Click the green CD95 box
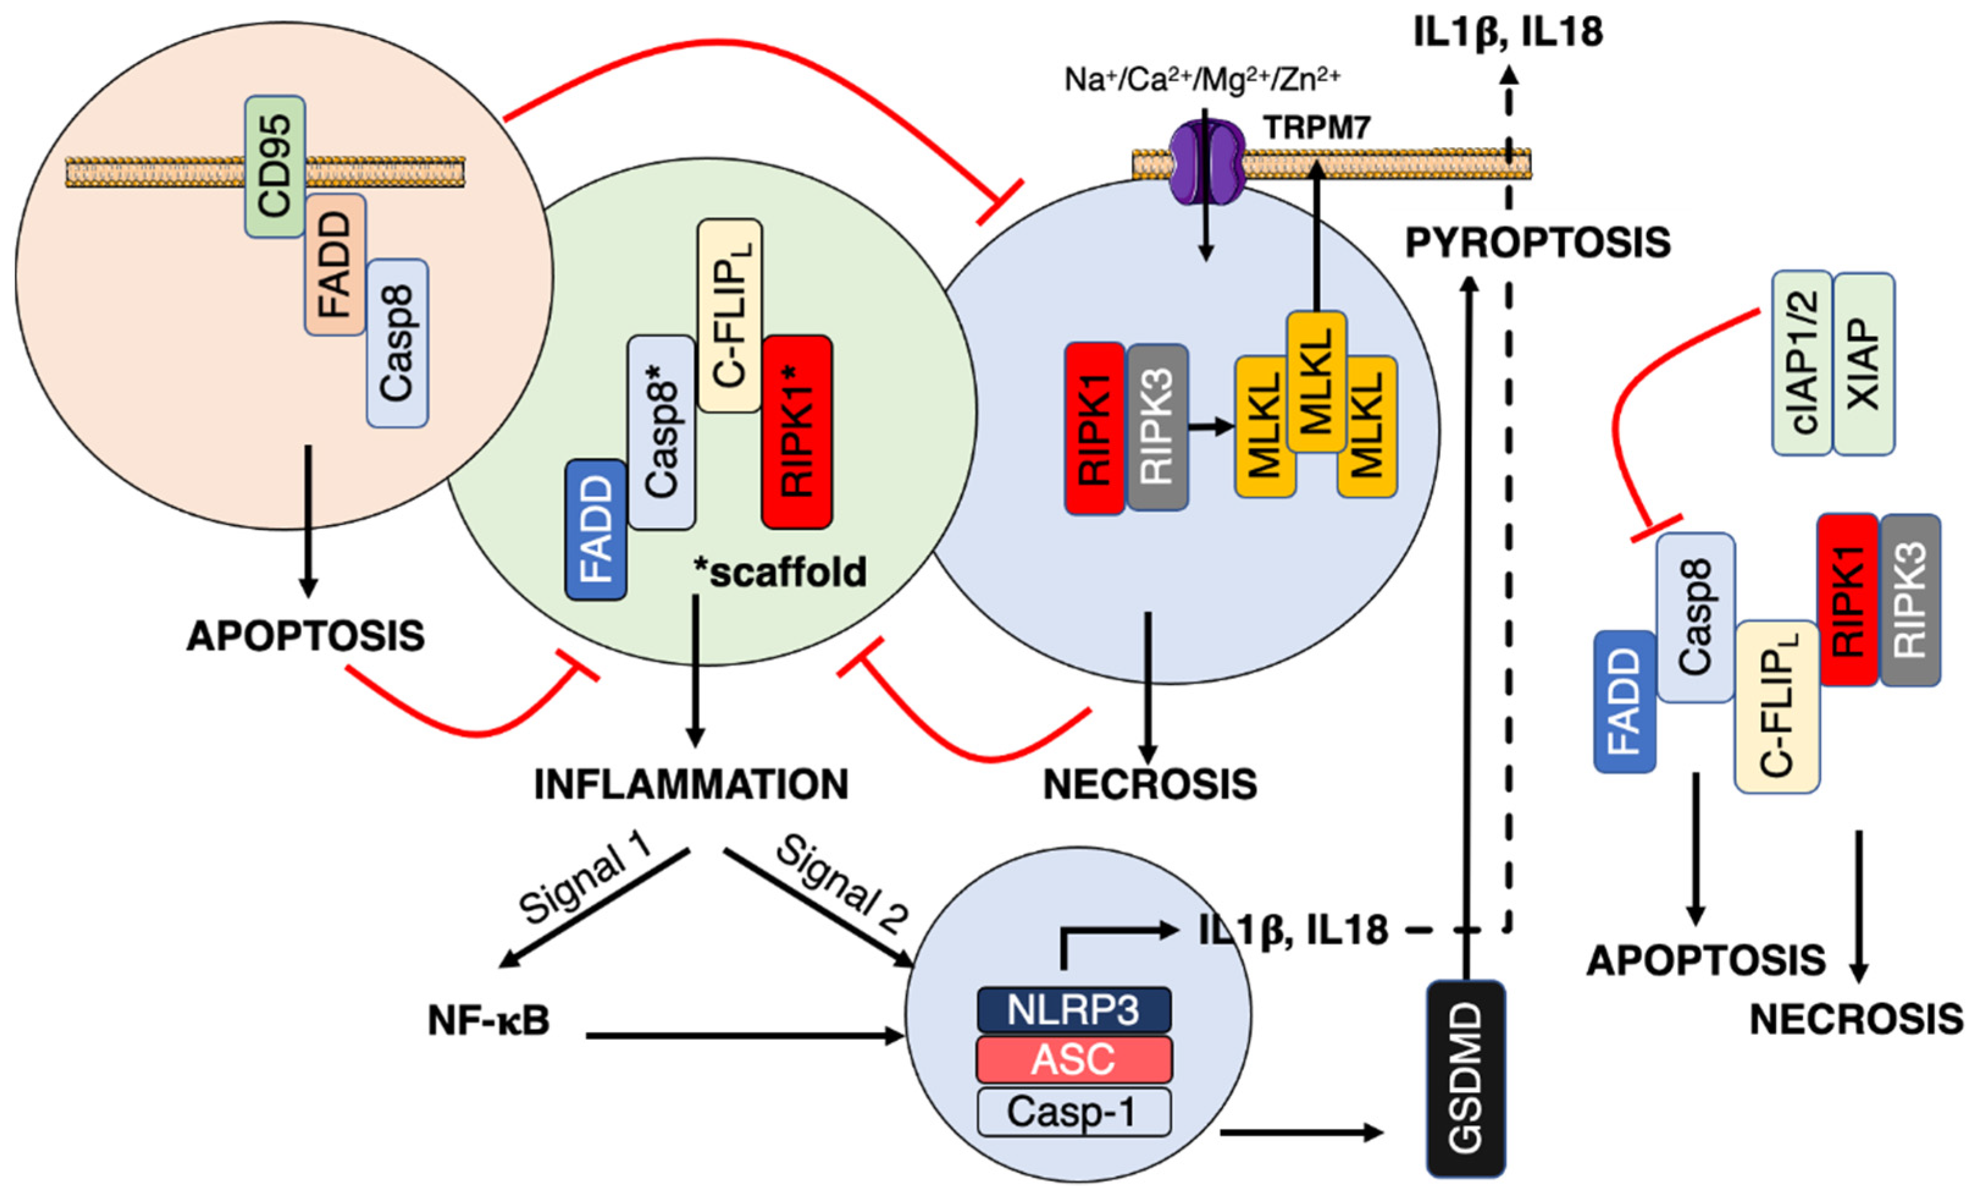point(274,166)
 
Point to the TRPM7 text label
point(1316,128)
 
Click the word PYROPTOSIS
point(1538,242)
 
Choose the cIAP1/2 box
point(1802,363)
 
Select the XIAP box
point(1863,363)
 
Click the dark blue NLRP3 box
point(1073,1010)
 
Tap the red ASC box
point(1073,1059)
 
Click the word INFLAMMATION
point(691,784)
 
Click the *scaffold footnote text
point(780,573)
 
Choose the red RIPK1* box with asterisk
point(797,432)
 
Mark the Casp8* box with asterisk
point(661,432)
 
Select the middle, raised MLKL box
point(1316,382)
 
